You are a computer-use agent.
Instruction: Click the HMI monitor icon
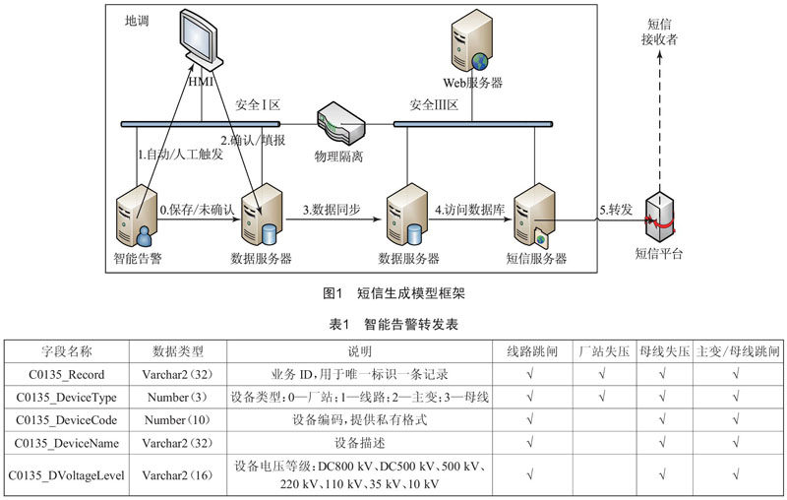coord(201,40)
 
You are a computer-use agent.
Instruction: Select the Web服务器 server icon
coord(471,40)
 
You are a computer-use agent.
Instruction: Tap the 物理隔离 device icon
coord(340,124)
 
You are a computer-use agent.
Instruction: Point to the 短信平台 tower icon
coord(659,219)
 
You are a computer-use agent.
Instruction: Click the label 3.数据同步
coord(332,210)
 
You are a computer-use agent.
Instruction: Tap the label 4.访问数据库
coord(469,210)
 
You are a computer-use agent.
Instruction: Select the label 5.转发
coord(616,210)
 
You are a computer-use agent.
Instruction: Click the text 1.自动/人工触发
coord(180,155)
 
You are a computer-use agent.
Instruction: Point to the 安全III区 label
coord(434,105)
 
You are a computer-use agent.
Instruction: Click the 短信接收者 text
coord(659,31)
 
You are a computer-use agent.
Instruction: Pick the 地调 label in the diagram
coord(137,21)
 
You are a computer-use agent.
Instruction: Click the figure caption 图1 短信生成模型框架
coord(393,293)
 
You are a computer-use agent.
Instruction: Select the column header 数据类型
coord(178,351)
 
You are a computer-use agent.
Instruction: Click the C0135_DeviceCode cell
coord(66,420)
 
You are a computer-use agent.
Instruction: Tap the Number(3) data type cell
coord(177,397)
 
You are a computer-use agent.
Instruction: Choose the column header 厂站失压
coord(604,351)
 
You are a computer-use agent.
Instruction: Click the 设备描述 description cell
coord(359,443)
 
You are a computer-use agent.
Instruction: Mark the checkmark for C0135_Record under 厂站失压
coord(602,373)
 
